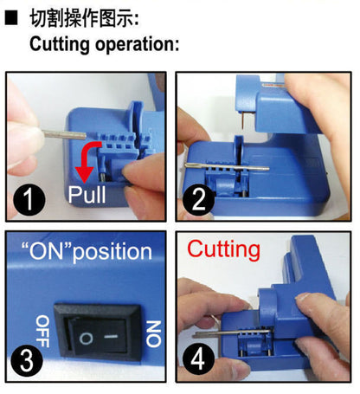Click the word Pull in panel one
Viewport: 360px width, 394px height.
87,196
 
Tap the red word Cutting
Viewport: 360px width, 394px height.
223,249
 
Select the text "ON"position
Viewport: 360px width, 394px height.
86,251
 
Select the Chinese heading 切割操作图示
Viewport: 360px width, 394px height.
82,18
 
